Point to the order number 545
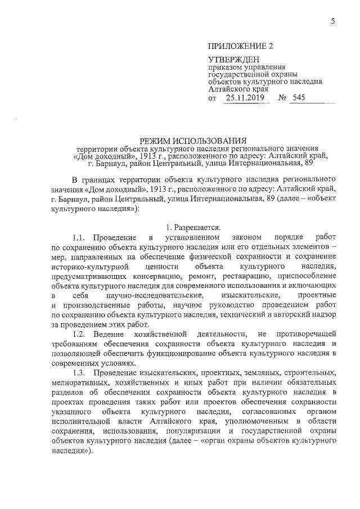299,98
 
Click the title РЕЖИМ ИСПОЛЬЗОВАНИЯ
194,140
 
